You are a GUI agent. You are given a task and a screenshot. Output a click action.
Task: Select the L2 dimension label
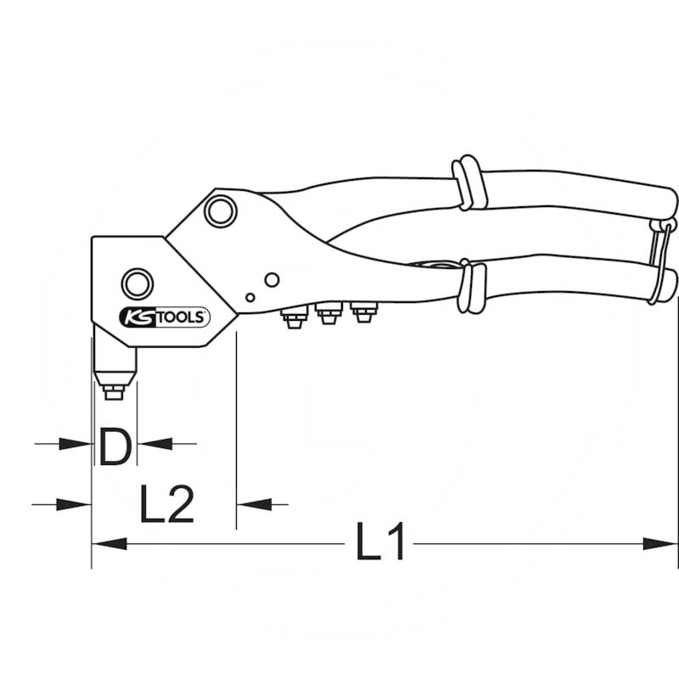(167, 504)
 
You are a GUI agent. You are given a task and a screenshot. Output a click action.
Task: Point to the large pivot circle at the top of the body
(220, 210)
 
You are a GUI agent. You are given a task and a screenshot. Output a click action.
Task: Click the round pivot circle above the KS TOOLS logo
(136, 281)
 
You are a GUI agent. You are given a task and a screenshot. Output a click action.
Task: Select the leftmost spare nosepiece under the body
(295, 318)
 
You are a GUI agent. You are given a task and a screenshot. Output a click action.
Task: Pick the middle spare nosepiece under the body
(328, 314)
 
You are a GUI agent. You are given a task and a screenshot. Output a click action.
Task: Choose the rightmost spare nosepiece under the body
(362, 313)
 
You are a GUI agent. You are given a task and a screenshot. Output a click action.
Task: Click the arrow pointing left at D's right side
(153, 443)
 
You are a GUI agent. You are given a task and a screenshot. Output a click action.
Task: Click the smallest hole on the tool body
(250, 297)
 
